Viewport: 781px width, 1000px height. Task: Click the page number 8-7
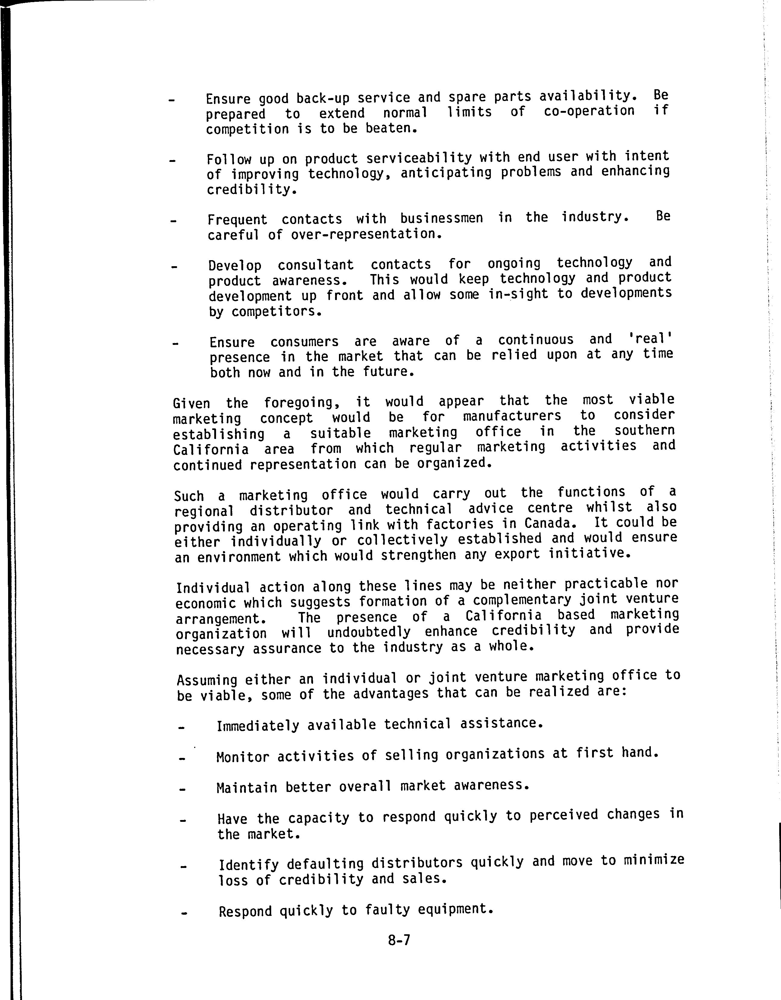(399, 940)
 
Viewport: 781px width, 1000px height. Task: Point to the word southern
(644, 431)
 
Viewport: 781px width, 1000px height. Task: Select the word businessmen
(441, 218)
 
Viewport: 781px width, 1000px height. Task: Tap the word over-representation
(366, 234)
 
